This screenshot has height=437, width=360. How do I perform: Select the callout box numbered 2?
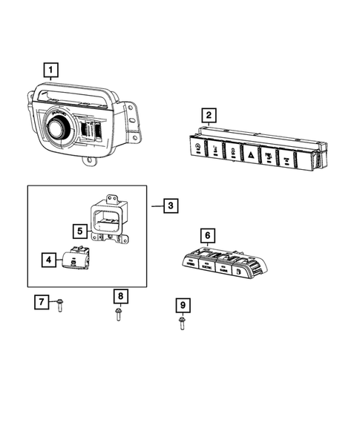tap(210, 115)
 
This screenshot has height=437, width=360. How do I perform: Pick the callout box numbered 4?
tap(48, 260)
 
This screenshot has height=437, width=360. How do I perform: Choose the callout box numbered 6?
tap(208, 236)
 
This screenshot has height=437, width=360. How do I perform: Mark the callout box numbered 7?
tap(43, 302)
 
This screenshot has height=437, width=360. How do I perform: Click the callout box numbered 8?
tap(120, 297)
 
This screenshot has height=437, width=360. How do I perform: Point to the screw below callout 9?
tap(182, 323)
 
